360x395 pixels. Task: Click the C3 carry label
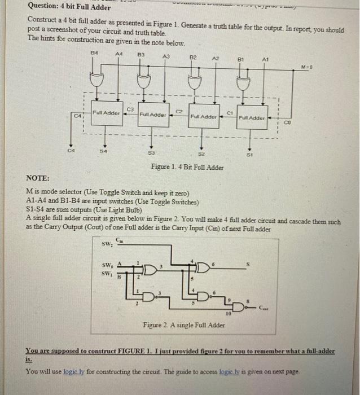coord(130,109)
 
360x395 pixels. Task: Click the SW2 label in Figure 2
coord(106,244)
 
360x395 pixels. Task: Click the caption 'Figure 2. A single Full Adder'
coord(184,325)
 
